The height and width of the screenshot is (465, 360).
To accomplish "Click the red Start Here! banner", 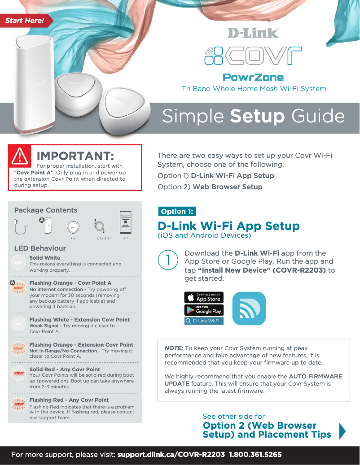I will point(25,20).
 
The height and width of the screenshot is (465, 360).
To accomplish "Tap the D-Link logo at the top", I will point(253,33).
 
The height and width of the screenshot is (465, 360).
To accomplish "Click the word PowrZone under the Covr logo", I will point(253,78).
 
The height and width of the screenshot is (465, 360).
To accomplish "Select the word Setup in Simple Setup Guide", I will point(257,116).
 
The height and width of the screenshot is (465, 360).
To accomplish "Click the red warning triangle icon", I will point(20,155).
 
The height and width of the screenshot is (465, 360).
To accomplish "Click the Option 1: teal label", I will point(177,211).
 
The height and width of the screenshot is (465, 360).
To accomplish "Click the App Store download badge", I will point(204,297).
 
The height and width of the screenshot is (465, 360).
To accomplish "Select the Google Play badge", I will point(204,310).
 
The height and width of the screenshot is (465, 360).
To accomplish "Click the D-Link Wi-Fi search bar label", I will point(204,321).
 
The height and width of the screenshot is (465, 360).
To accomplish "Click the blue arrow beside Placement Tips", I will point(342,430).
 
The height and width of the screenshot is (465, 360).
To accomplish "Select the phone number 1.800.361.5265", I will point(255,455).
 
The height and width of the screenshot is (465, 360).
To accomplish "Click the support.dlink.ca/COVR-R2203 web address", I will point(171,455).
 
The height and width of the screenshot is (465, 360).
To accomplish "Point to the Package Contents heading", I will point(46,210).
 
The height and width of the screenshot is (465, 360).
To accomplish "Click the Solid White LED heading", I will point(45,258).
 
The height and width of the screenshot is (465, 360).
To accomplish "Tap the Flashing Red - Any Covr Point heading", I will point(69,400).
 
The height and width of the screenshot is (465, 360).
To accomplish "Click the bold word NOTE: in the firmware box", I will point(174,348).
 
